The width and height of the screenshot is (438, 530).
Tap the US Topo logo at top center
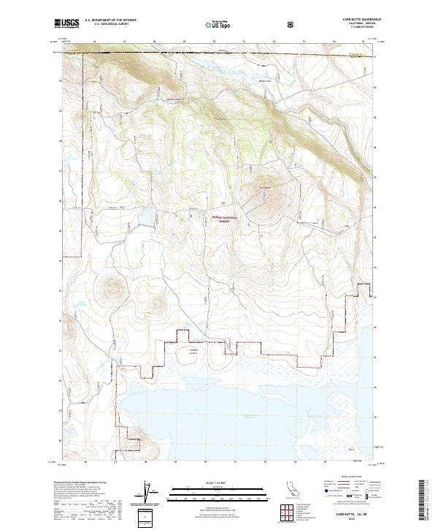(218, 24)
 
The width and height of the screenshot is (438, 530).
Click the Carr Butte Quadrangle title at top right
(350, 20)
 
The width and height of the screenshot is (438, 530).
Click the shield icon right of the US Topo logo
(251, 24)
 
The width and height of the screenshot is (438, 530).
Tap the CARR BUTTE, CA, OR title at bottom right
(351, 514)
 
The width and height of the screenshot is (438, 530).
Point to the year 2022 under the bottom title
(351, 520)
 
